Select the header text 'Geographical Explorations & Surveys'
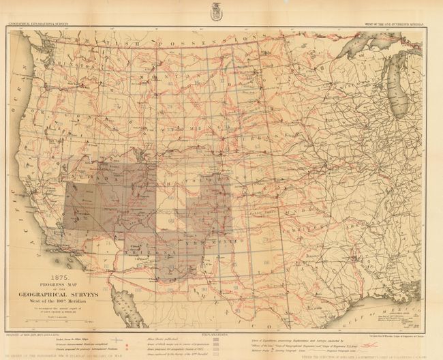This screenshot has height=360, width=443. tap(39, 25)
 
